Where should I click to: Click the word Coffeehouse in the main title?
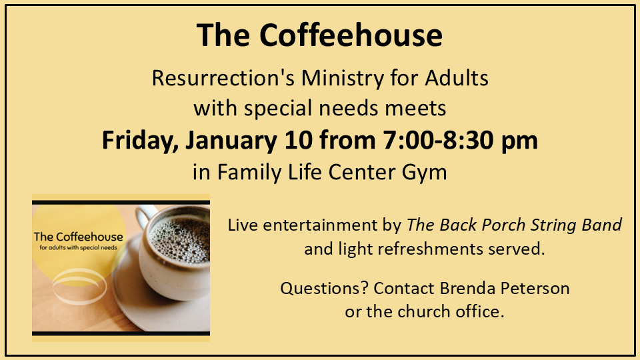point(351,35)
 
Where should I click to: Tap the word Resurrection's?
point(223,77)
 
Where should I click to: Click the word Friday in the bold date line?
point(139,141)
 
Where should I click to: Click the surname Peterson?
point(535,289)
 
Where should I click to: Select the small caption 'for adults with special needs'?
point(79,247)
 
